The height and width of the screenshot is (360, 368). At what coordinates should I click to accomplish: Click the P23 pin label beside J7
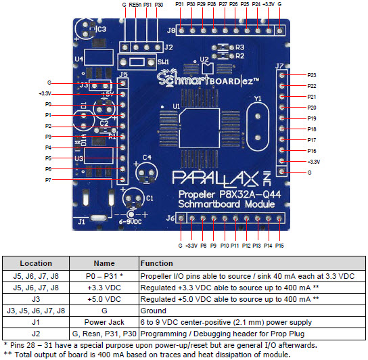point(312,75)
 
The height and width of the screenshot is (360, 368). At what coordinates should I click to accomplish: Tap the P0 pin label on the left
point(48,105)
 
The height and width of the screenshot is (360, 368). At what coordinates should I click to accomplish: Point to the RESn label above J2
point(136,5)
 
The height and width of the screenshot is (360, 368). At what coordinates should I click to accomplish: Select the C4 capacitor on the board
point(145,171)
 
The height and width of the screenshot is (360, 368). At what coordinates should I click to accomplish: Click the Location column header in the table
point(36,263)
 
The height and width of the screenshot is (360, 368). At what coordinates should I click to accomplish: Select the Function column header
point(156,263)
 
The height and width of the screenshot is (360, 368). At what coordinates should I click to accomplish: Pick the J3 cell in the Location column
point(36,299)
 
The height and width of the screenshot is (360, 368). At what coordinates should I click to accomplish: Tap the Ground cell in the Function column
point(154,311)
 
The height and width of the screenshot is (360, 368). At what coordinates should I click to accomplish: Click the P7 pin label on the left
point(48,180)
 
